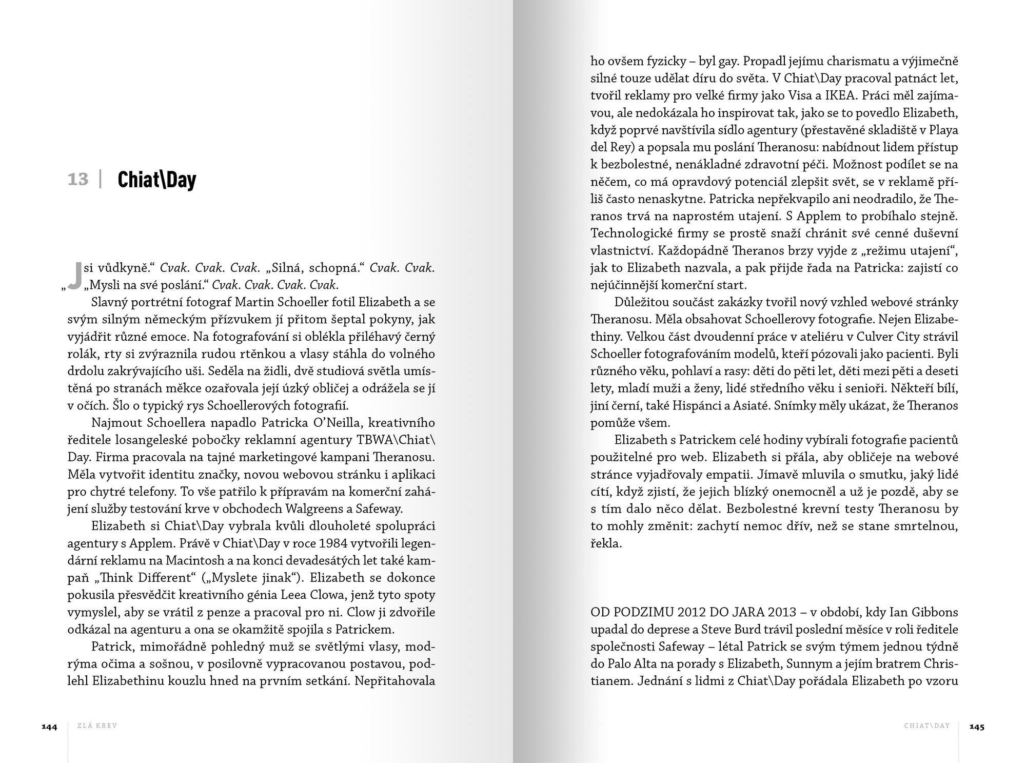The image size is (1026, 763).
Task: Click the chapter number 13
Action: (x=78, y=180)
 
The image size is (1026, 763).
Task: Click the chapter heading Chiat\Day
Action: (x=157, y=180)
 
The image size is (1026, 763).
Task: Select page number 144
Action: (x=50, y=727)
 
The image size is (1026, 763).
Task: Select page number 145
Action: (x=977, y=727)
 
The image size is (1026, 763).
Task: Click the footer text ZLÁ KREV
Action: (x=97, y=726)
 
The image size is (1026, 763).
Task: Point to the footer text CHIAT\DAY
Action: (x=927, y=726)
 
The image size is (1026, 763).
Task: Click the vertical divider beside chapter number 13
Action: (x=101, y=180)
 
